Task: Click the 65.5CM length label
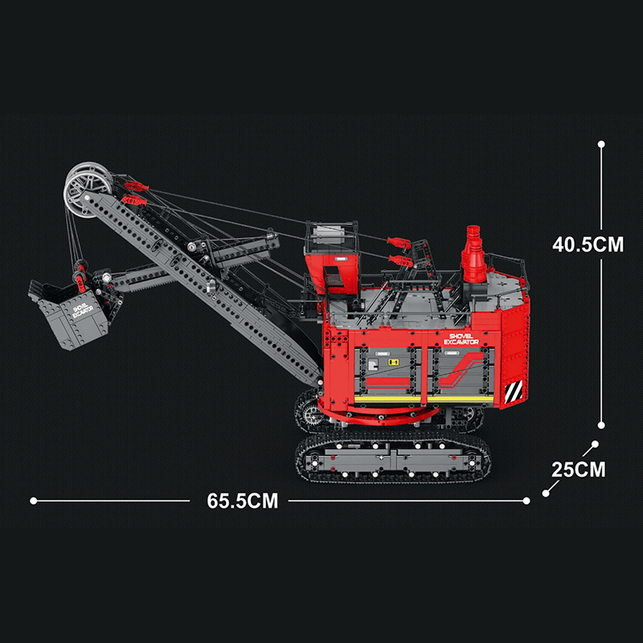[242, 501]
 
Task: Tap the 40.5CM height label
[588, 244]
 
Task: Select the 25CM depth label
[579, 469]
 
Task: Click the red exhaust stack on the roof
[474, 255]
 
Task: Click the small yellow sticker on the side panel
[395, 363]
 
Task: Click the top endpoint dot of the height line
[601, 144]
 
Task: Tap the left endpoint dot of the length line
[33, 501]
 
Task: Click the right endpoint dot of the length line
[526, 501]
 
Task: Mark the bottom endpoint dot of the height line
[601, 427]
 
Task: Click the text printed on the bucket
[83, 311]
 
